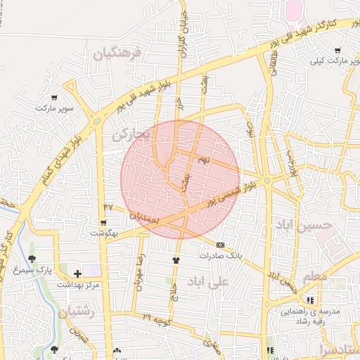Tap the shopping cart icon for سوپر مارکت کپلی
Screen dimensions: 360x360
[x=338, y=51]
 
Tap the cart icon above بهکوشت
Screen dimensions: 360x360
[x=104, y=222]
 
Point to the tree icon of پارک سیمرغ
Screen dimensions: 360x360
[x=32, y=259]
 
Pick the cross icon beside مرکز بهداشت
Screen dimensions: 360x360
[x=77, y=274]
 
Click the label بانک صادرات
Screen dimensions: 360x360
[x=220, y=255]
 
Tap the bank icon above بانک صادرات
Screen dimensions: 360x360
[x=221, y=245]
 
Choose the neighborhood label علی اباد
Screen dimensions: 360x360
[x=209, y=281]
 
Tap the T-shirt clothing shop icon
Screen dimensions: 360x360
[x=176, y=259]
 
